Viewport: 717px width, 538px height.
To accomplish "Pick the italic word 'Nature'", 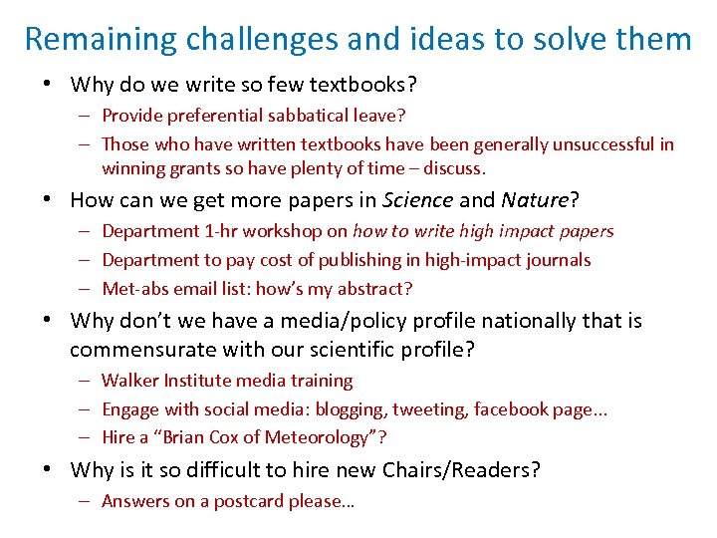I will [534, 200].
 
